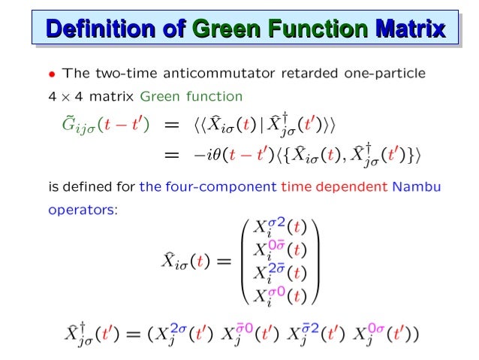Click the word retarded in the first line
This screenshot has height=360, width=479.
[x=304, y=74]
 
